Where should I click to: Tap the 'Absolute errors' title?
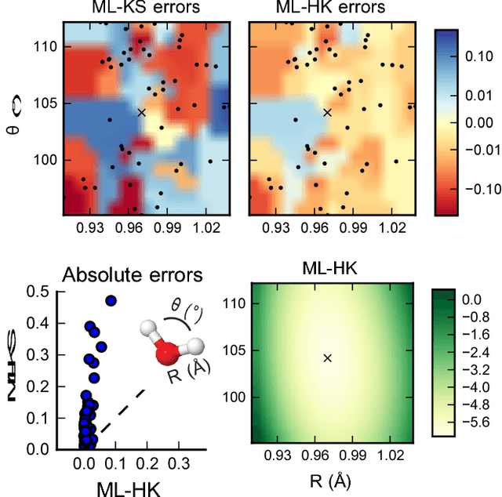point(133,275)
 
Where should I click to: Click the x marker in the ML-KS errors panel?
point(142,112)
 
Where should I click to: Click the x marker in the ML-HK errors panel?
point(328,112)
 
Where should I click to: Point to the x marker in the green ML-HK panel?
point(328,357)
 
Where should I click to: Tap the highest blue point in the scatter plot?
point(111,300)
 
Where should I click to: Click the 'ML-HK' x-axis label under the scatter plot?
point(129,488)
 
